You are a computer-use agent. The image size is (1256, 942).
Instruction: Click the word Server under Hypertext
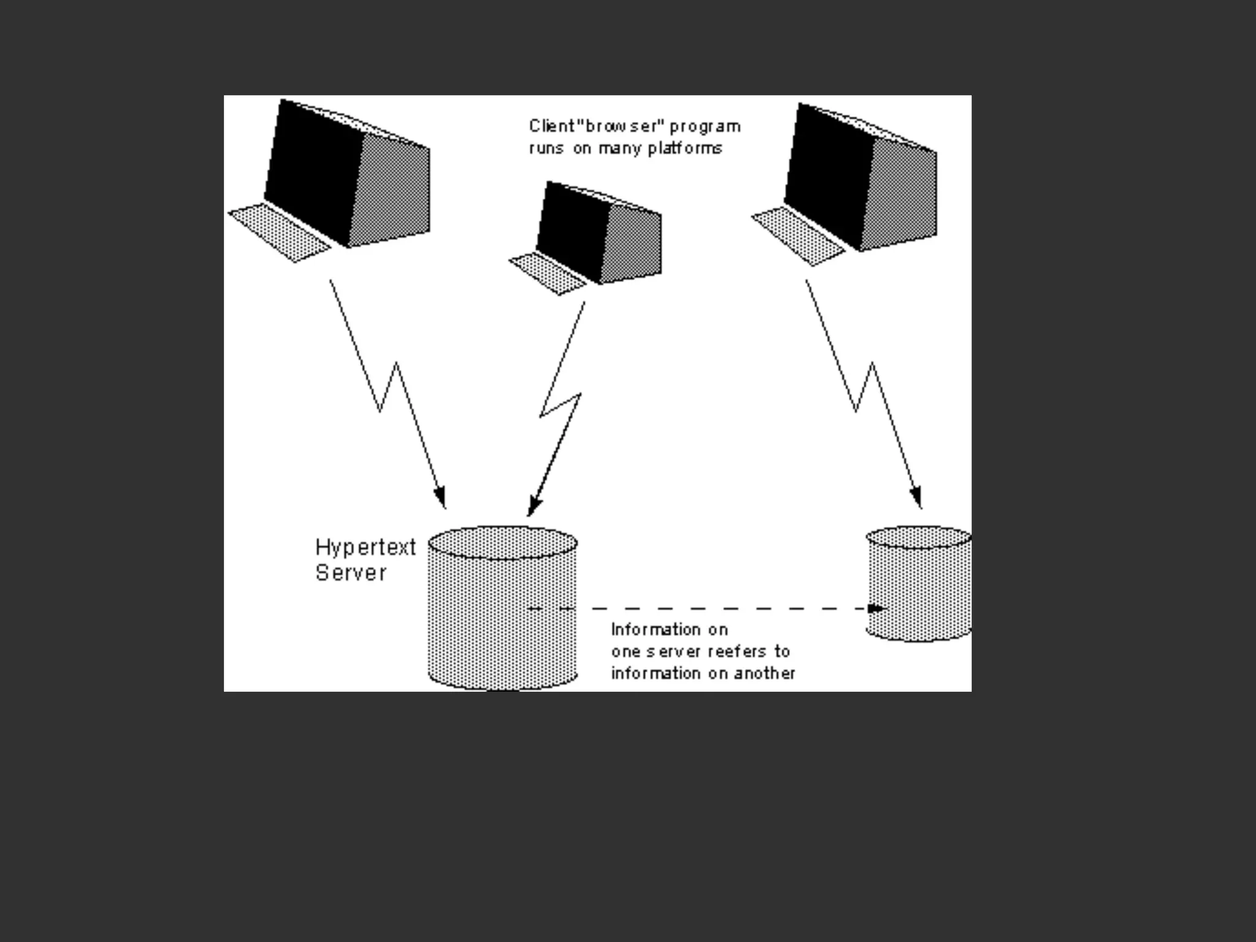coord(351,573)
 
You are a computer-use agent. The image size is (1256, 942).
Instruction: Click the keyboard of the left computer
coord(280,232)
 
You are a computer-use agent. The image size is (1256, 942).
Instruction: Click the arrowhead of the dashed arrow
coord(877,608)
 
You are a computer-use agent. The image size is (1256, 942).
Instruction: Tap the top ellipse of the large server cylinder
coord(502,542)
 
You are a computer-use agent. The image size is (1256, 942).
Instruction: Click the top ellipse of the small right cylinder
coord(919,537)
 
